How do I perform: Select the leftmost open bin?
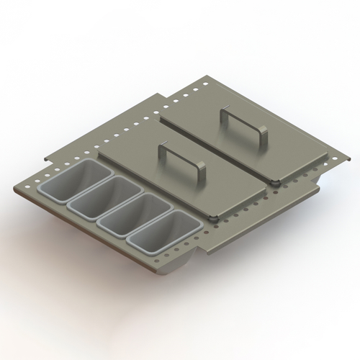pos(86,182)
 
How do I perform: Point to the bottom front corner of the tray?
pos(204,253)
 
